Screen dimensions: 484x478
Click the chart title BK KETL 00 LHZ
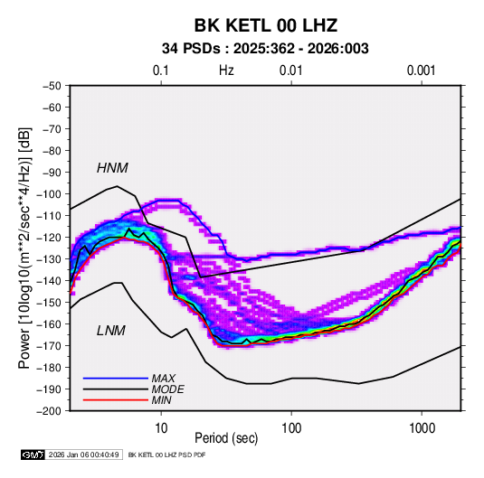(266, 25)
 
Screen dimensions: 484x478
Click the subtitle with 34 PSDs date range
(265, 49)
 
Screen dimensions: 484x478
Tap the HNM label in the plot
(112, 168)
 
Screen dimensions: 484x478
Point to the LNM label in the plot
(111, 331)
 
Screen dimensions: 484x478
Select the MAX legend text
(163, 379)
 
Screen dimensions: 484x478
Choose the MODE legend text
(167, 389)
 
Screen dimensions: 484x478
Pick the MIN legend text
(161, 400)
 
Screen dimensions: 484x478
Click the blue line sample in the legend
(116, 379)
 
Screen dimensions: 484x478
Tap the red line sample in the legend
(116, 400)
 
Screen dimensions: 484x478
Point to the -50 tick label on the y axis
(52, 86)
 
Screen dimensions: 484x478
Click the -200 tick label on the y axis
(49, 411)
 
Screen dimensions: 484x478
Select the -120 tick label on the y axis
(49, 238)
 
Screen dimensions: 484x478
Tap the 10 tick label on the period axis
(161, 428)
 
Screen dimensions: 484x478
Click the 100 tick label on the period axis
(291, 428)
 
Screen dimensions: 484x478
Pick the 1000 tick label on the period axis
(422, 428)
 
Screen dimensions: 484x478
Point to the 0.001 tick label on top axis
(422, 70)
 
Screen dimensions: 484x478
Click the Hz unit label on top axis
(226, 70)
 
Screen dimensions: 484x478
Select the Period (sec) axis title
(226, 438)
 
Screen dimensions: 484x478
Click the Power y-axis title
(24, 248)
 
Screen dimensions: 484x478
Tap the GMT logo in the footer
(33, 455)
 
